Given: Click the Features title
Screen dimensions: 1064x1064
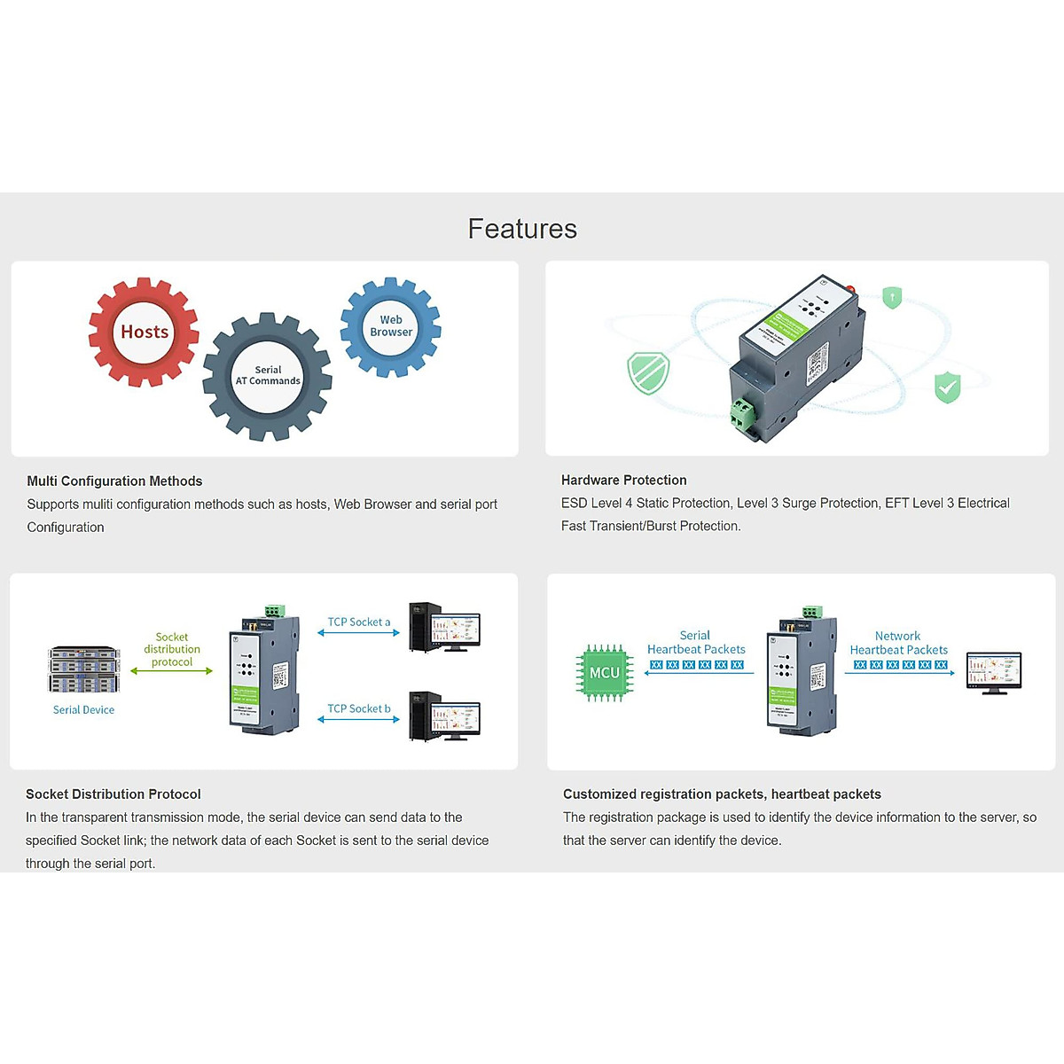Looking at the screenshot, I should (522, 229).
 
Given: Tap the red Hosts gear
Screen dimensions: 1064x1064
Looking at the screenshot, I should (144, 332).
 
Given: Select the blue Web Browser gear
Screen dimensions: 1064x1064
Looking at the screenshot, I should (391, 326).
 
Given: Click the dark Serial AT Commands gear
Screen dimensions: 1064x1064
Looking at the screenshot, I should (268, 376).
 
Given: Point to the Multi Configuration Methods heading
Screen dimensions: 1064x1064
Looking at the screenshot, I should (114, 481).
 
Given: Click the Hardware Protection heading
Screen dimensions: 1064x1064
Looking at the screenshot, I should (623, 481).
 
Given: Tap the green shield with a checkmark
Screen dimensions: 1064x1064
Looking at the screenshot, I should (947, 387).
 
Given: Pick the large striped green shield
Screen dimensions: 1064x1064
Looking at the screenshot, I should (648, 372).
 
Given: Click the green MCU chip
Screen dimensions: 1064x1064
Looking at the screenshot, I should (605, 673).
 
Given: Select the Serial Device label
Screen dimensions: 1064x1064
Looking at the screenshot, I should (83, 710).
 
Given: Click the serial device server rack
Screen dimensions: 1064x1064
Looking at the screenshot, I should (84, 669).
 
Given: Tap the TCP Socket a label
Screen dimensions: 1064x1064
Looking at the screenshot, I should (358, 622).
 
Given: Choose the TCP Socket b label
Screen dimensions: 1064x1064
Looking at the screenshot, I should (358, 709).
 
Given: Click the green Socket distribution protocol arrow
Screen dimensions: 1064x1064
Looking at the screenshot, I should (171, 671).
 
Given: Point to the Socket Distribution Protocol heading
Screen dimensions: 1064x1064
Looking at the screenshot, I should (113, 794).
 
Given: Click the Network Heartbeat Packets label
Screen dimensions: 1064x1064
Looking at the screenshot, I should (898, 643).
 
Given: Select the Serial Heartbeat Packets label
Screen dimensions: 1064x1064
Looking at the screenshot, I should (696, 643).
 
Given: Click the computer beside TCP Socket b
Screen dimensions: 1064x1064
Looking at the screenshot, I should (444, 716).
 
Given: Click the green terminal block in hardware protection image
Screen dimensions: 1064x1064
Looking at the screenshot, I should (742, 411).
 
